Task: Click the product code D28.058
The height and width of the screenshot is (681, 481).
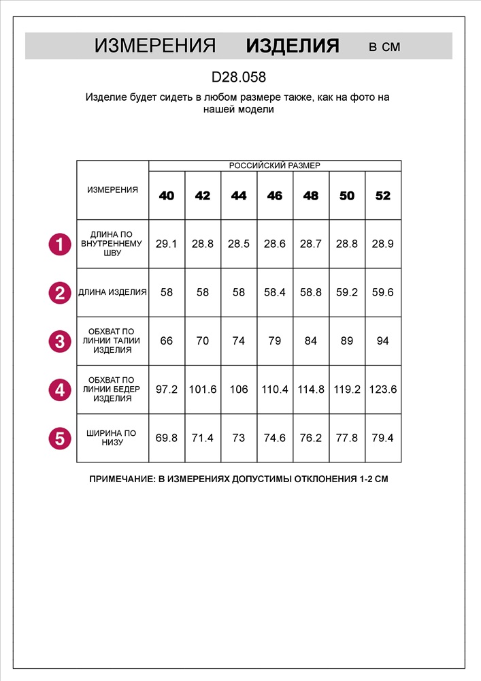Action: pyautogui.click(x=238, y=77)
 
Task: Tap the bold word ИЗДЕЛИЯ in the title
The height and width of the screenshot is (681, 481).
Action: pyautogui.click(x=293, y=46)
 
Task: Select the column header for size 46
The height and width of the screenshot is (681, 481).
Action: pyautogui.click(x=275, y=196)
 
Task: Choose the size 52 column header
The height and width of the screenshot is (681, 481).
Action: pyautogui.click(x=383, y=196)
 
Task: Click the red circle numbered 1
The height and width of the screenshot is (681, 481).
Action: pyautogui.click(x=60, y=244)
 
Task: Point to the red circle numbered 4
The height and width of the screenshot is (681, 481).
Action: pyautogui.click(x=60, y=390)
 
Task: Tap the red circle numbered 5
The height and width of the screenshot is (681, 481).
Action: pyautogui.click(x=60, y=439)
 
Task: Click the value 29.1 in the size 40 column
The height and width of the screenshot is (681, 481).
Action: pyautogui.click(x=167, y=244)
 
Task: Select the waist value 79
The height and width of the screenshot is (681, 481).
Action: pyautogui.click(x=275, y=341)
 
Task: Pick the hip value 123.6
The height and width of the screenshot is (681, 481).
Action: pyautogui.click(x=383, y=390)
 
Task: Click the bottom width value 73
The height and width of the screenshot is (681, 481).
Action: pyautogui.click(x=239, y=439)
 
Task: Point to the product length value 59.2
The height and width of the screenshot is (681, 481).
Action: pyautogui.click(x=347, y=293)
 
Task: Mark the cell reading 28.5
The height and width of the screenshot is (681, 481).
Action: pyautogui.click(x=239, y=244)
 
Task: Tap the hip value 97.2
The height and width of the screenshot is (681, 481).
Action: pyautogui.click(x=167, y=390)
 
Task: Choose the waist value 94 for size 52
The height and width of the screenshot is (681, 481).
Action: pyautogui.click(x=383, y=341)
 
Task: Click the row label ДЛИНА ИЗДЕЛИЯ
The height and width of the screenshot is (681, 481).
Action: pyautogui.click(x=113, y=293)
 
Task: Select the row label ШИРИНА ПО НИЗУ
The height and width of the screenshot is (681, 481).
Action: pyautogui.click(x=113, y=438)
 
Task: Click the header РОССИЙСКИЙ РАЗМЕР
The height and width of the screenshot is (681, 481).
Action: pyautogui.click(x=274, y=165)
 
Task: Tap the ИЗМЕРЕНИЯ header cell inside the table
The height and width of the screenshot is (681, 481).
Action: pyautogui.click(x=113, y=190)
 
